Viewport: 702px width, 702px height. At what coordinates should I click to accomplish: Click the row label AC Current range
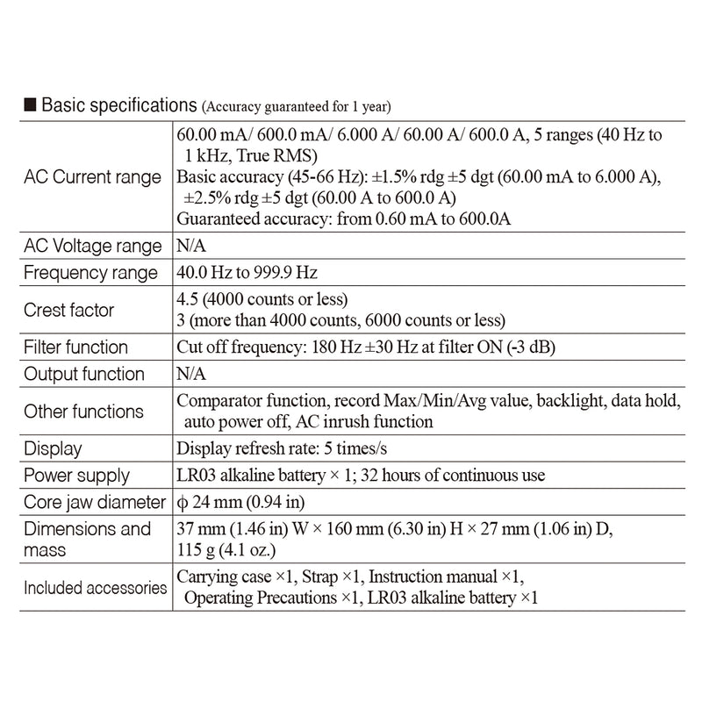[92, 177]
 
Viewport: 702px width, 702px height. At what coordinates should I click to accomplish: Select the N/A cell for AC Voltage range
[191, 246]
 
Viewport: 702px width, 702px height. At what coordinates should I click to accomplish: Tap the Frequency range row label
[90, 273]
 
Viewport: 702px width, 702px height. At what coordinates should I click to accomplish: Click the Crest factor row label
[69, 310]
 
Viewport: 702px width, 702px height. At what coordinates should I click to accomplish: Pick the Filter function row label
[76, 347]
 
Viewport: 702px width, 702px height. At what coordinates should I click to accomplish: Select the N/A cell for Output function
[191, 374]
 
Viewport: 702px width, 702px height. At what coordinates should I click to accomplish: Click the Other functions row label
[83, 411]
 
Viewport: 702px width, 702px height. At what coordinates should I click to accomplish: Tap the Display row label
[53, 448]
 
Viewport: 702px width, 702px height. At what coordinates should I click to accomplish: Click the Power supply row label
[77, 476]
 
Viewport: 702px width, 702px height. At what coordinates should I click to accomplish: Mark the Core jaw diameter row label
[95, 503]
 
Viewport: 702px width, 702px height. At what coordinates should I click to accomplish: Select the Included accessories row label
[95, 587]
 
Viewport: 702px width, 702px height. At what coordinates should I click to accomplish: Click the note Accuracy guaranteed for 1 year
[297, 107]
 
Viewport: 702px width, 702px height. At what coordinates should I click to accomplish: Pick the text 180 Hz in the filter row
[329, 347]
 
